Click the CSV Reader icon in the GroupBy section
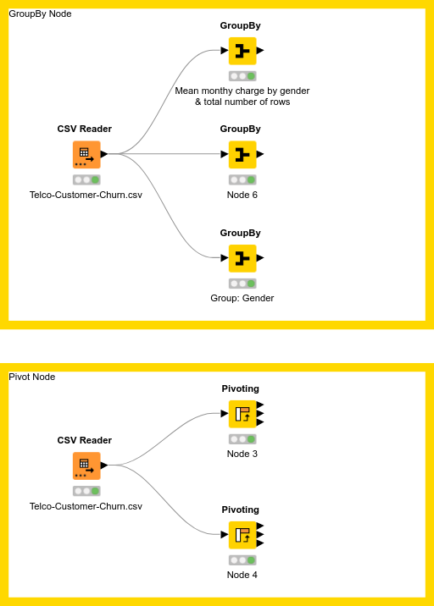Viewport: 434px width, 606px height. (86, 155)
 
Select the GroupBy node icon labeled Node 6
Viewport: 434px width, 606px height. (242, 154)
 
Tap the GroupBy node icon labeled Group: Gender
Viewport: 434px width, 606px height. (242, 258)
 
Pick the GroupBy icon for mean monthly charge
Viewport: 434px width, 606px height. (242, 51)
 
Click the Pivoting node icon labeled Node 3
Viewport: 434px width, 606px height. (242, 414)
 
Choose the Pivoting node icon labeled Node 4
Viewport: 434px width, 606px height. (242, 535)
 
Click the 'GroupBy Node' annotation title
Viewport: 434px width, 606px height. (40, 14)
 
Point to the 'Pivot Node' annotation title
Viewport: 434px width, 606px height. (32, 377)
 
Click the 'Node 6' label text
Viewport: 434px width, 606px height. (242, 195)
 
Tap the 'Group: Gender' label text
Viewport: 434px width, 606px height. (242, 298)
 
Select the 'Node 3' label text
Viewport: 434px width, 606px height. (242, 454)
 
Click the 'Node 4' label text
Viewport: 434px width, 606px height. (242, 575)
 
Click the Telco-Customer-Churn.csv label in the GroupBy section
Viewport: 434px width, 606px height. (86, 195)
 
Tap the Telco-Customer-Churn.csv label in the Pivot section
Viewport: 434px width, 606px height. (86, 506)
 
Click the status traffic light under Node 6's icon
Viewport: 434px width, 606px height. (242, 179)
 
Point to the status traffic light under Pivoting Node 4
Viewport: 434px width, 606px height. (242, 560)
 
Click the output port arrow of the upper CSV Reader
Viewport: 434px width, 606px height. (104, 154)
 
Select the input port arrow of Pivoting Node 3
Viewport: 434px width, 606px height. (225, 414)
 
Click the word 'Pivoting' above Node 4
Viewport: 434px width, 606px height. (241, 510)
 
